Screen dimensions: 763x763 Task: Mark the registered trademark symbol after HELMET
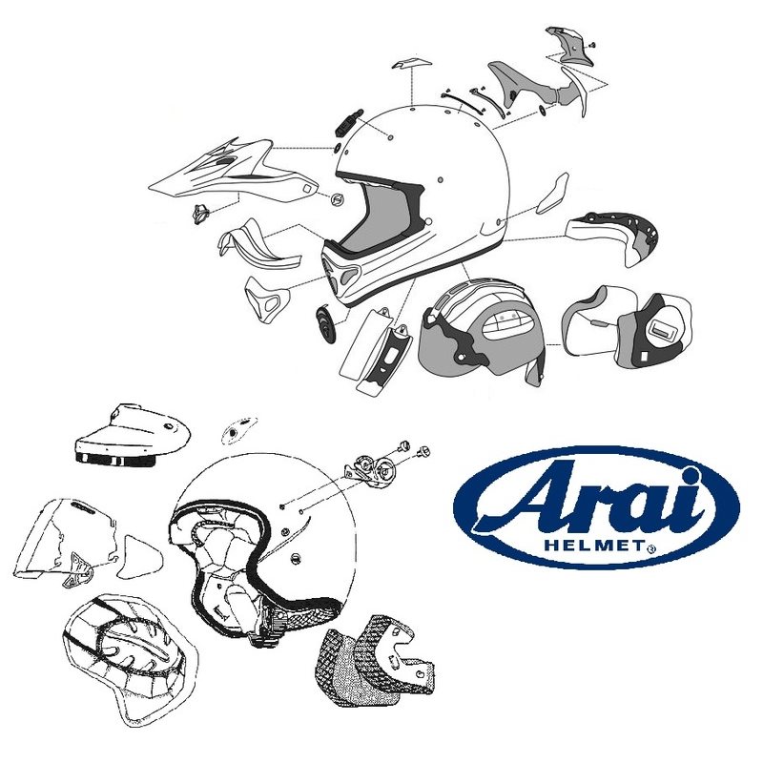[651, 549]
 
